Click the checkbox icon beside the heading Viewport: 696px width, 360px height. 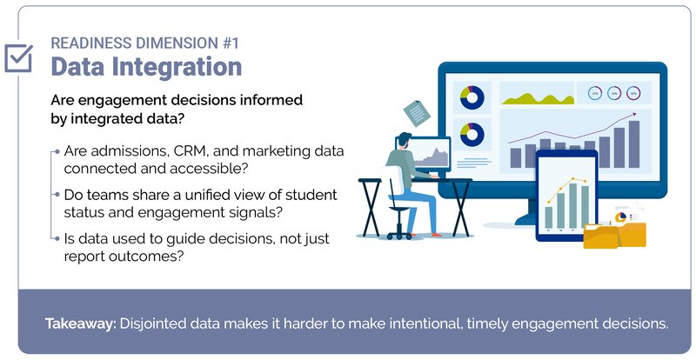(18, 57)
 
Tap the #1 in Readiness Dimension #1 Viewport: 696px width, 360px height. (224, 41)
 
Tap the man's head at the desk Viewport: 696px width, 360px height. (402, 142)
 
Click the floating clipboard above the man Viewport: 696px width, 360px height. (416, 111)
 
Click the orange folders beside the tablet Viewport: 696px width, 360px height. (616, 232)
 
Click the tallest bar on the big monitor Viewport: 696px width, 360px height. (633, 144)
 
